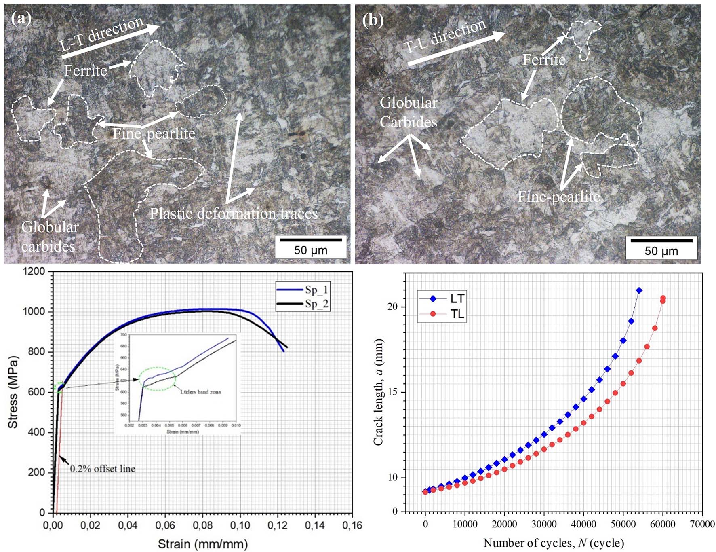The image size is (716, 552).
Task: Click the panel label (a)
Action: pos(21,19)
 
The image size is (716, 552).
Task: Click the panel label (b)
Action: pos(373,20)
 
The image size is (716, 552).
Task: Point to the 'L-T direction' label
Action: pos(102,34)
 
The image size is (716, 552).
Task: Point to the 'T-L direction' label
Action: pos(445,36)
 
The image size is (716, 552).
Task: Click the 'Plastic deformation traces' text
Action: pos(234,214)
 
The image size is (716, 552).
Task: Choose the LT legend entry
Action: pos(442,299)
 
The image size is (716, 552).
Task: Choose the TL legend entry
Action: pos(442,314)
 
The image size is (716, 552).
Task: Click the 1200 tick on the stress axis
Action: pos(34,271)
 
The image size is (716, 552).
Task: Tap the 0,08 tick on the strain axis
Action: pos(202,525)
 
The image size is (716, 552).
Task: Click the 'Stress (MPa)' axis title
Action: pos(13,392)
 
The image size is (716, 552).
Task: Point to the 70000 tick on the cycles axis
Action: pos(702,524)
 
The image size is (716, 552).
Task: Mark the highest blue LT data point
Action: pos(639,290)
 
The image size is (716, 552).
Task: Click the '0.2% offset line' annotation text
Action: pos(103,469)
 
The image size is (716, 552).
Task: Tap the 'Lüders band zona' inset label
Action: pos(200,392)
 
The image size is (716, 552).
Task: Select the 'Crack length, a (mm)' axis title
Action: pos(378,392)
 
